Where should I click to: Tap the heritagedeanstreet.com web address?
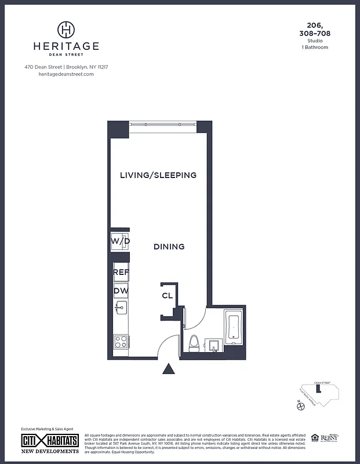coord(66,74)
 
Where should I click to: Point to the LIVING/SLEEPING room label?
coord(158,175)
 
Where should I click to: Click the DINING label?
coord(169,246)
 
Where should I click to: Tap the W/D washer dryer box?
coord(120,241)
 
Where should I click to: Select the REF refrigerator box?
coord(121,272)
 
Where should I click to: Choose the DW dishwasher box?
coord(121,291)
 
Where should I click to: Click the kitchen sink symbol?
coord(121,308)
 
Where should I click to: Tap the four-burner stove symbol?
coord(121,342)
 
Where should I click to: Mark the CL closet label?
coord(167,295)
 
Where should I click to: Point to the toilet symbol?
coord(195,343)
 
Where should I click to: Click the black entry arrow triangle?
coord(169,369)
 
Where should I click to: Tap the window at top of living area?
coord(162,124)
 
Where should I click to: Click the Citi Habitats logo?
coord(50,440)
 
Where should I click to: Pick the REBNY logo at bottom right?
coord(329,438)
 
